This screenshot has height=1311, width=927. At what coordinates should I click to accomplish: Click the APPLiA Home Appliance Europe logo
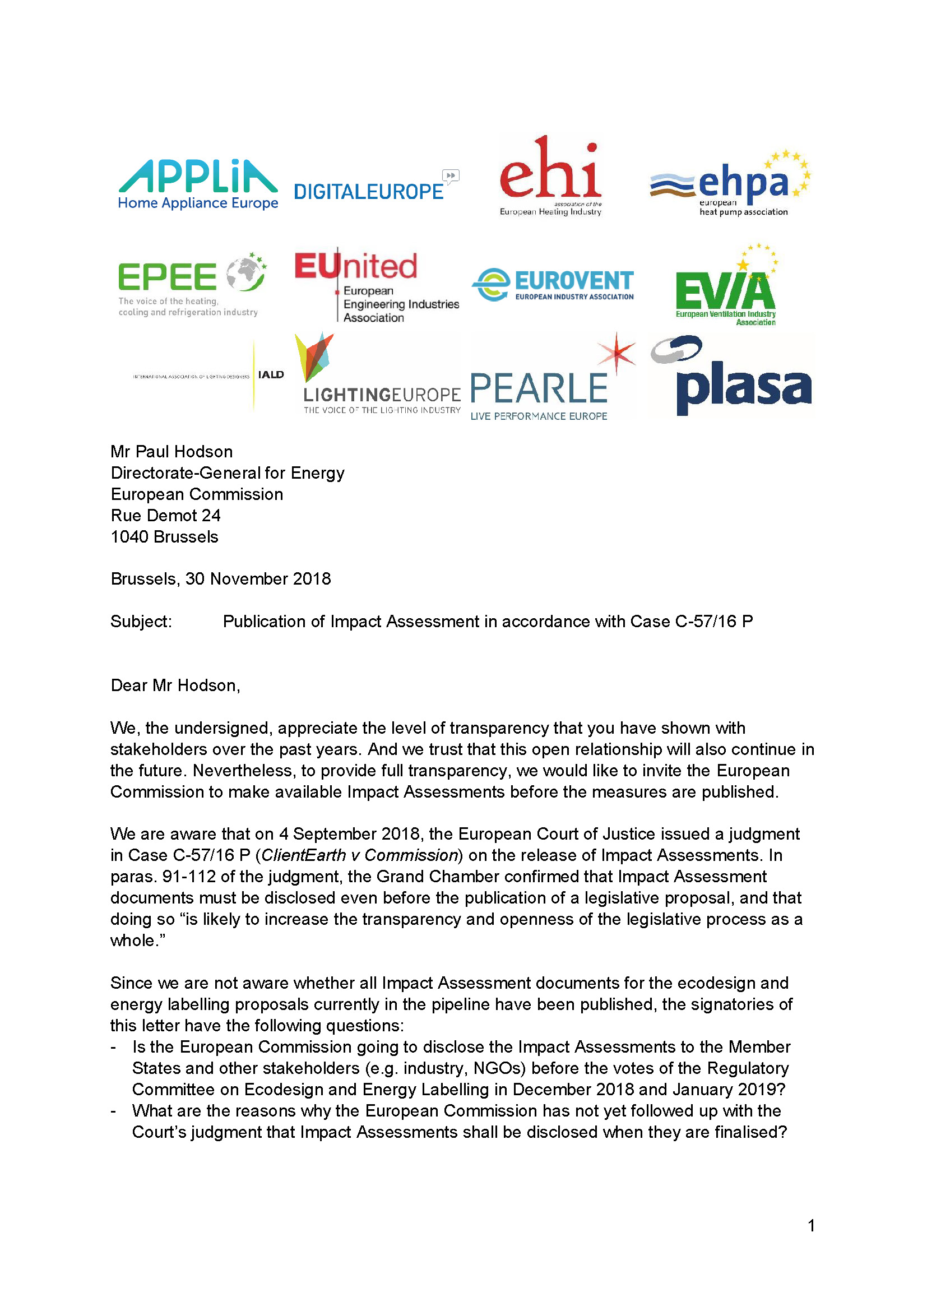click(x=197, y=184)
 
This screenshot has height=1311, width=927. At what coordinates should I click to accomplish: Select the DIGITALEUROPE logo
click(x=369, y=191)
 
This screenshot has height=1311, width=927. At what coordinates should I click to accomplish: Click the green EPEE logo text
click(x=167, y=277)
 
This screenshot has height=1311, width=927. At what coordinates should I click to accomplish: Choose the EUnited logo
click(x=356, y=267)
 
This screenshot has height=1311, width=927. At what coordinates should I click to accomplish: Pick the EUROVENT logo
click(x=573, y=281)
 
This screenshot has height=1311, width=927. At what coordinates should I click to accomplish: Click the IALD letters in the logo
click(x=271, y=374)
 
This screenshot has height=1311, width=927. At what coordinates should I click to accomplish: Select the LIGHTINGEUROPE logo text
click(x=382, y=395)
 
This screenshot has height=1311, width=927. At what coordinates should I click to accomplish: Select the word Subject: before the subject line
click(x=141, y=621)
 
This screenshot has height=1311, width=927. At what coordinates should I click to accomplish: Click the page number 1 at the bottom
click(x=811, y=1225)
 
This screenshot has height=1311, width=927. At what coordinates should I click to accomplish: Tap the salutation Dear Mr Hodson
click(x=175, y=685)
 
